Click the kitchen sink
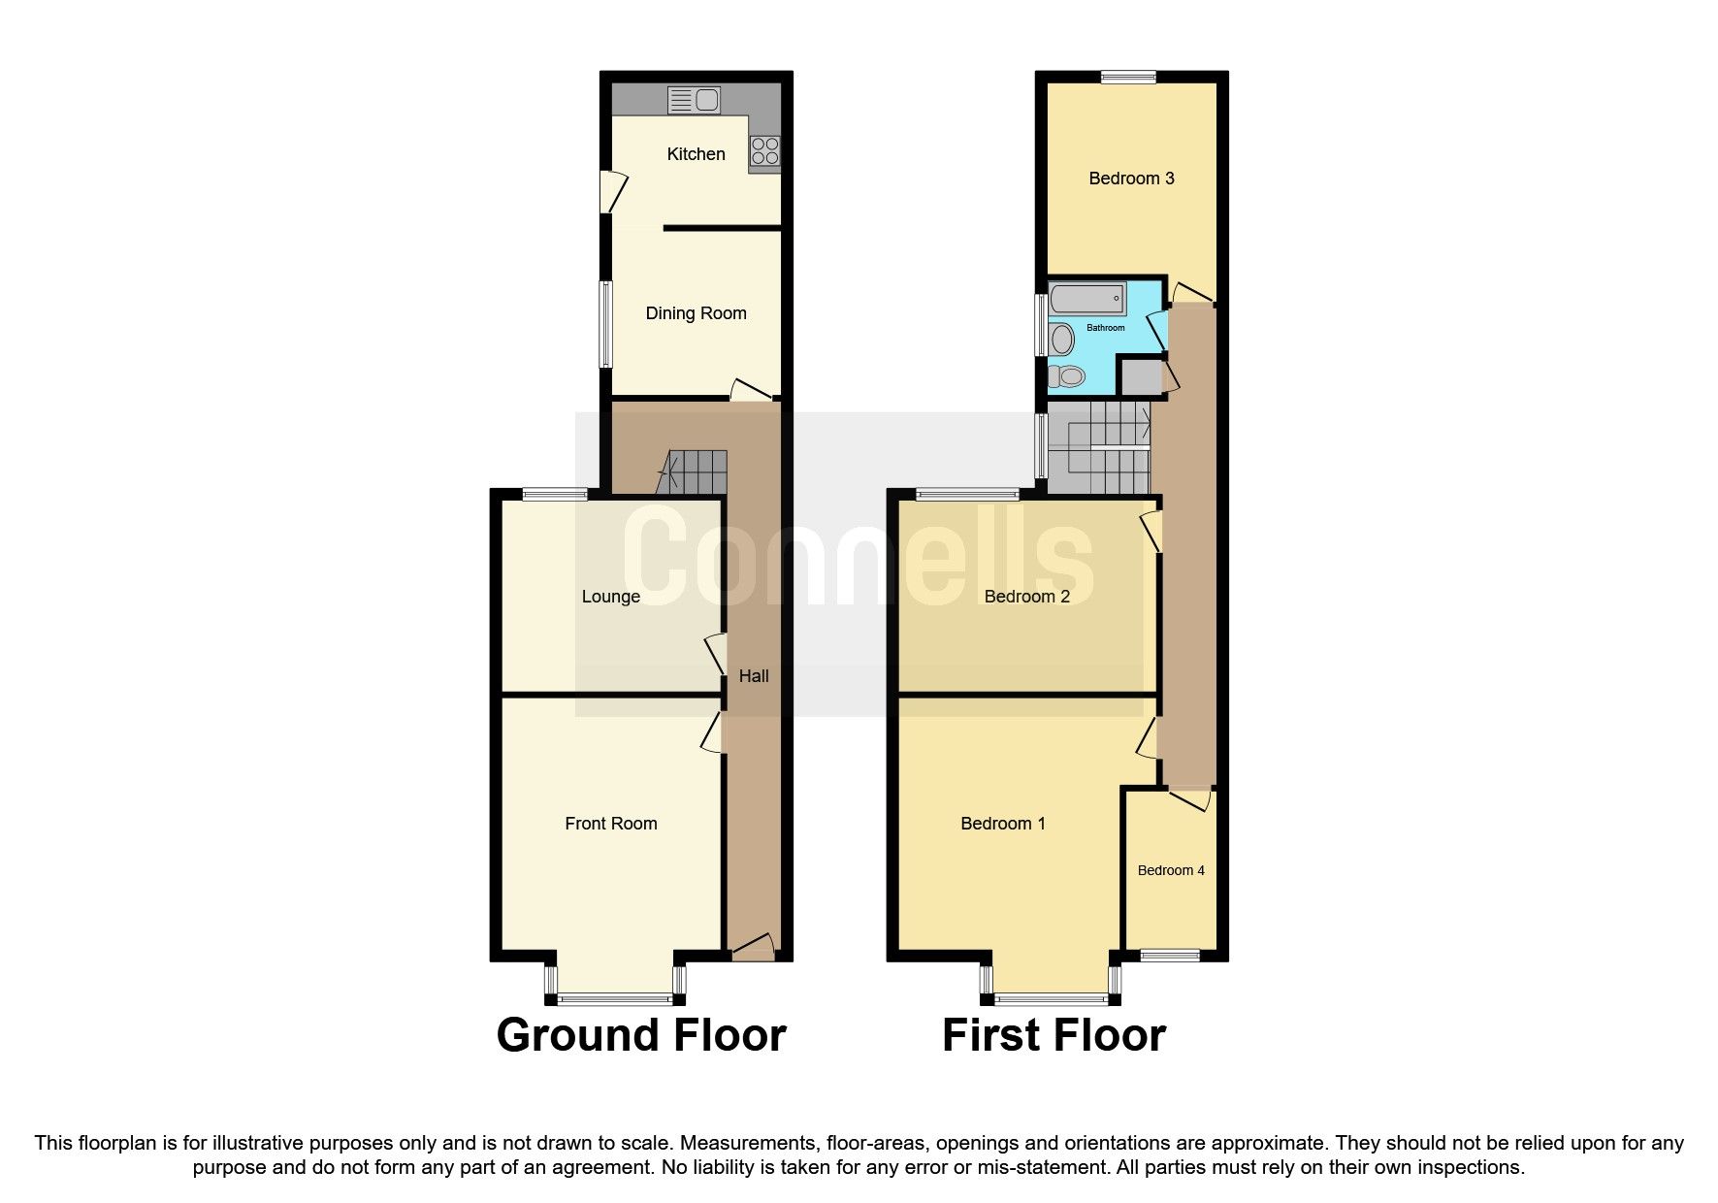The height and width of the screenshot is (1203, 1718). coord(694,100)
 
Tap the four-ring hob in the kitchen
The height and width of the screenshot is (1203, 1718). coord(764,151)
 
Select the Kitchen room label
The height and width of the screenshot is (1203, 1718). coord(696,154)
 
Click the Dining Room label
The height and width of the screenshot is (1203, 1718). coord(696,313)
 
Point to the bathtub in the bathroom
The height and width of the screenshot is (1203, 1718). coord(1088,299)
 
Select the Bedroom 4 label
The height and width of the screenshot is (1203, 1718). coord(1171,870)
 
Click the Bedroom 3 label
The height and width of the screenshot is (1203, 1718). coord(1131,179)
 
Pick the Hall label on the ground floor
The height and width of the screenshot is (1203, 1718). coord(754,676)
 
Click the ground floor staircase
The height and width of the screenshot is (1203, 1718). coord(695,472)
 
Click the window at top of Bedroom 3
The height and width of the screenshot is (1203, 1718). coord(1128,78)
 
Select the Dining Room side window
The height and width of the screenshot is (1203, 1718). coord(605,324)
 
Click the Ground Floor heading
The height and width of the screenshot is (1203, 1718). coord(640,1035)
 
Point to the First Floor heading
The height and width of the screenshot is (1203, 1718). coord(1053,1035)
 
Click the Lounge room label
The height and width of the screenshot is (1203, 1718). coord(610,597)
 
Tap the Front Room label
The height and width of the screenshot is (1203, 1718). coord(610,824)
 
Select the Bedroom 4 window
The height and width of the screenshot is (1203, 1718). coord(1170,956)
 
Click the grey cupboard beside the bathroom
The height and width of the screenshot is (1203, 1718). coord(1141,376)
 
